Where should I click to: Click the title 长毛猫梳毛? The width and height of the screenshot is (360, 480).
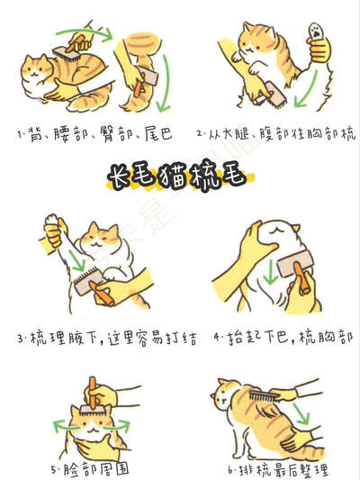180,177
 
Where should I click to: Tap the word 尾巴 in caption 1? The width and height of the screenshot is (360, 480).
158,134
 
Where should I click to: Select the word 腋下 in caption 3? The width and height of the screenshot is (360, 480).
80,338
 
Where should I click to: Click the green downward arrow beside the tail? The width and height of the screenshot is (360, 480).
166,83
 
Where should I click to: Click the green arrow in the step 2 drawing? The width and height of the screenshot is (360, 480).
306,90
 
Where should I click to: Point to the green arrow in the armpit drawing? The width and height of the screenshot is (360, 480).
76,260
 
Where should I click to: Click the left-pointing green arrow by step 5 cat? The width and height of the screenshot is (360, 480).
64,426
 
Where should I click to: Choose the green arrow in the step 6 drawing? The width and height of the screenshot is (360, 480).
301,413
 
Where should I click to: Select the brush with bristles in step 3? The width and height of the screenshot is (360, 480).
87,280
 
